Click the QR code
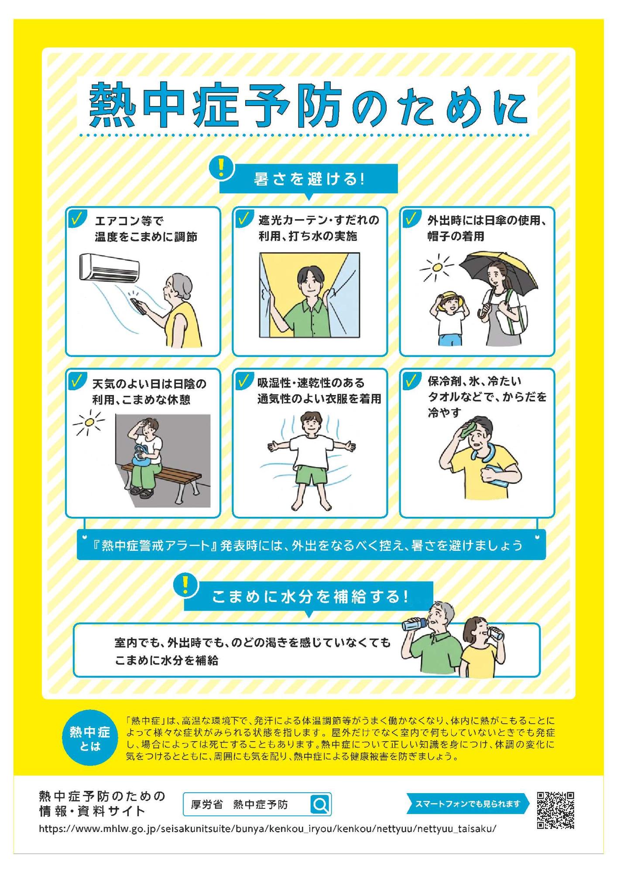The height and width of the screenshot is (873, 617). tap(555, 810)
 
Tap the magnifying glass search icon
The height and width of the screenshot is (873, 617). tap(320, 804)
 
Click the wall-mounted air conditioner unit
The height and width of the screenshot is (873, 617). tap(110, 267)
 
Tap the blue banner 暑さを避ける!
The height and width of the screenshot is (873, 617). tap(308, 179)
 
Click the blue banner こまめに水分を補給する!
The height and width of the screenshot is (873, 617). tap(308, 596)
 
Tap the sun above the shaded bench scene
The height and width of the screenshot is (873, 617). tap(90, 422)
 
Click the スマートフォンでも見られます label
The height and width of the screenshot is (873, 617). tap(468, 804)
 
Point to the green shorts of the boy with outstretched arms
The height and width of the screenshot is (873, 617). tap(310, 474)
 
